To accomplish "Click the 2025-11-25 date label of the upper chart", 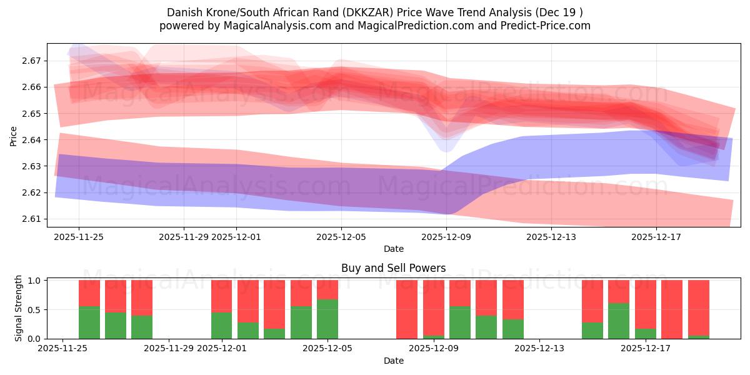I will (x=79, y=237).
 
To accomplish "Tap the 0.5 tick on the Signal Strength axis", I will (x=35, y=310).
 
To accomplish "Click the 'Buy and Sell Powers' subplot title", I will (x=393, y=268).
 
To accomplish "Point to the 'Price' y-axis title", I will (x=13, y=136).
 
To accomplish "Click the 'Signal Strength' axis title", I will (x=19, y=307).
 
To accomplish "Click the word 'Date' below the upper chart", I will (x=393, y=249).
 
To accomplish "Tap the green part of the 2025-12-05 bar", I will (x=327, y=319).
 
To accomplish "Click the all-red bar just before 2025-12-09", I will (x=407, y=309).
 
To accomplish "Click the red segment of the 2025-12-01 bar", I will (x=222, y=296).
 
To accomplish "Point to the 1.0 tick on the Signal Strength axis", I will (x=35, y=281).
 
